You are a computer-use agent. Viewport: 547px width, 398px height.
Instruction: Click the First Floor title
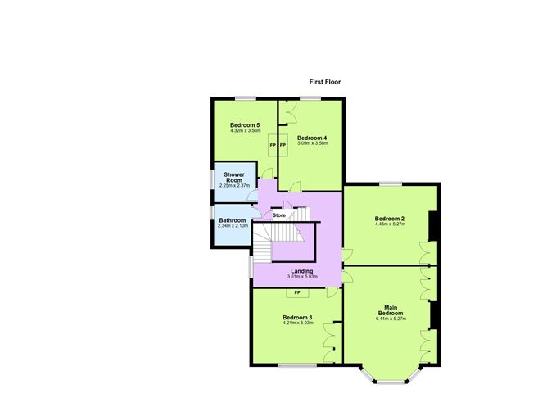click(x=325, y=82)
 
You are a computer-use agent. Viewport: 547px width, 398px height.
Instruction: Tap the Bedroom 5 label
click(x=245, y=124)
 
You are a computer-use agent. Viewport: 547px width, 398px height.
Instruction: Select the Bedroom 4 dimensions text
click(x=313, y=143)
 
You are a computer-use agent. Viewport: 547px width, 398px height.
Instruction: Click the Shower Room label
click(x=234, y=177)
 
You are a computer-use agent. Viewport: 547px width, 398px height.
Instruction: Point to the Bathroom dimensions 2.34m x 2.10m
click(x=233, y=226)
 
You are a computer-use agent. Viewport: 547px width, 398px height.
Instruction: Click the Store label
click(x=279, y=215)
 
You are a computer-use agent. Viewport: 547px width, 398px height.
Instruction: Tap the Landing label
click(x=302, y=271)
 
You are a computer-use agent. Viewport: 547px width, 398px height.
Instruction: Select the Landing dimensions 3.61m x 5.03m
click(x=302, y=276)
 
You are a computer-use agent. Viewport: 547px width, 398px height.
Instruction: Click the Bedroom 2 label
click(x=390, y=219)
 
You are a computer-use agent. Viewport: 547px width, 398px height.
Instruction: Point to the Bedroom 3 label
click(x=297, y=318)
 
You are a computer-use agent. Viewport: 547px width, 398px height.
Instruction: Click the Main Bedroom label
click(x=391, y=310)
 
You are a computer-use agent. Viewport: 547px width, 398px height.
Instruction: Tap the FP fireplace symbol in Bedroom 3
click(x=297, y=292)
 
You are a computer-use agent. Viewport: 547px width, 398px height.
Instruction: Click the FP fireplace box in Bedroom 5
click(x=273, y=145)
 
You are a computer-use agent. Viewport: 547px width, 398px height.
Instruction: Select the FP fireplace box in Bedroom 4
click(x=283, y=145)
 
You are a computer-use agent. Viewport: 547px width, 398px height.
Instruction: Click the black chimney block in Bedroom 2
click(x=432, y=226)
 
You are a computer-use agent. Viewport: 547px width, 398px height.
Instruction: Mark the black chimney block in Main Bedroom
click(x=434, y=315)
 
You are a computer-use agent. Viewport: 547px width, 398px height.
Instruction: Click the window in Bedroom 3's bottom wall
click(x=297, y=365)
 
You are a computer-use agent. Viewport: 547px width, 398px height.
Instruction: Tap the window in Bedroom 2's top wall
click(x=391, y=183)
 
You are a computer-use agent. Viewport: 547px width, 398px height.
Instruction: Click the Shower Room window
click(x=212, y=179)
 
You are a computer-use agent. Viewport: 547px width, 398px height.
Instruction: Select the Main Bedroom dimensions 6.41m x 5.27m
click(x=391, y=319)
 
